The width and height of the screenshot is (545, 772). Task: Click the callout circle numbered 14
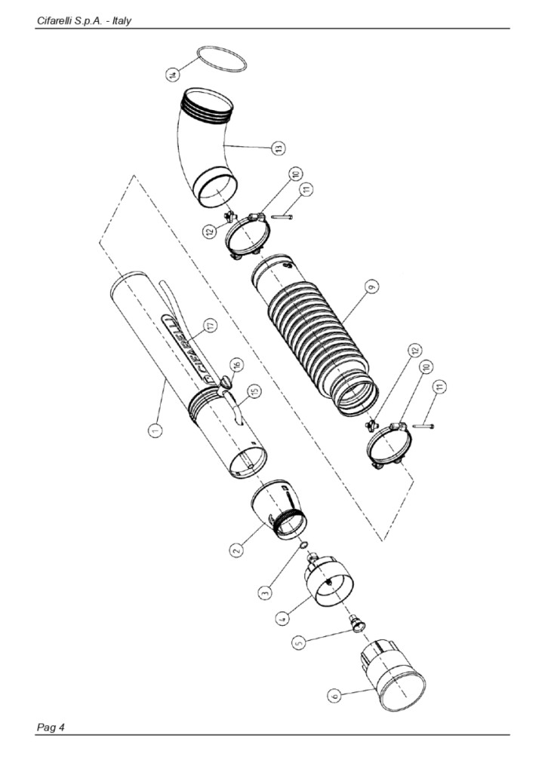(x=172, y=75)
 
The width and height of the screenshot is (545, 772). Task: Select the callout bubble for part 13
(x=279, y=149)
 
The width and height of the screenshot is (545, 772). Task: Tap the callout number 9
(x=372, y=286)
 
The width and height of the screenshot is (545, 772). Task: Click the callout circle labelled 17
(x=211, y=326)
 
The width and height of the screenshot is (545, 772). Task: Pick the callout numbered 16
(x=238, y=365)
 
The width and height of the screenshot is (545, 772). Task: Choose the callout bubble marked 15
(x=254, y=391)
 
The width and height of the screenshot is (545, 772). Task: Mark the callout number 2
(x=236, y=550)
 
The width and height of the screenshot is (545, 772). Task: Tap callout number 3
(x=265, y=592)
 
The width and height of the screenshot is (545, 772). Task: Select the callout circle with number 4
(x=282, y=618)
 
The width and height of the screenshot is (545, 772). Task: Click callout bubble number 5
(x=297, y=643)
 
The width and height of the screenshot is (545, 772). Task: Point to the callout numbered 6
(x=334, y=695)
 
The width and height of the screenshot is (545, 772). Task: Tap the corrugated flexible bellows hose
(x=316, y=335)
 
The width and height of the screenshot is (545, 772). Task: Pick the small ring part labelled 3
(x=304, y=544)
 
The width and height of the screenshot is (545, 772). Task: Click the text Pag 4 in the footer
(x=51, y=728)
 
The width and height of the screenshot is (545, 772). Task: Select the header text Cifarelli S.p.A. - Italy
(x=84, y=21)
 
